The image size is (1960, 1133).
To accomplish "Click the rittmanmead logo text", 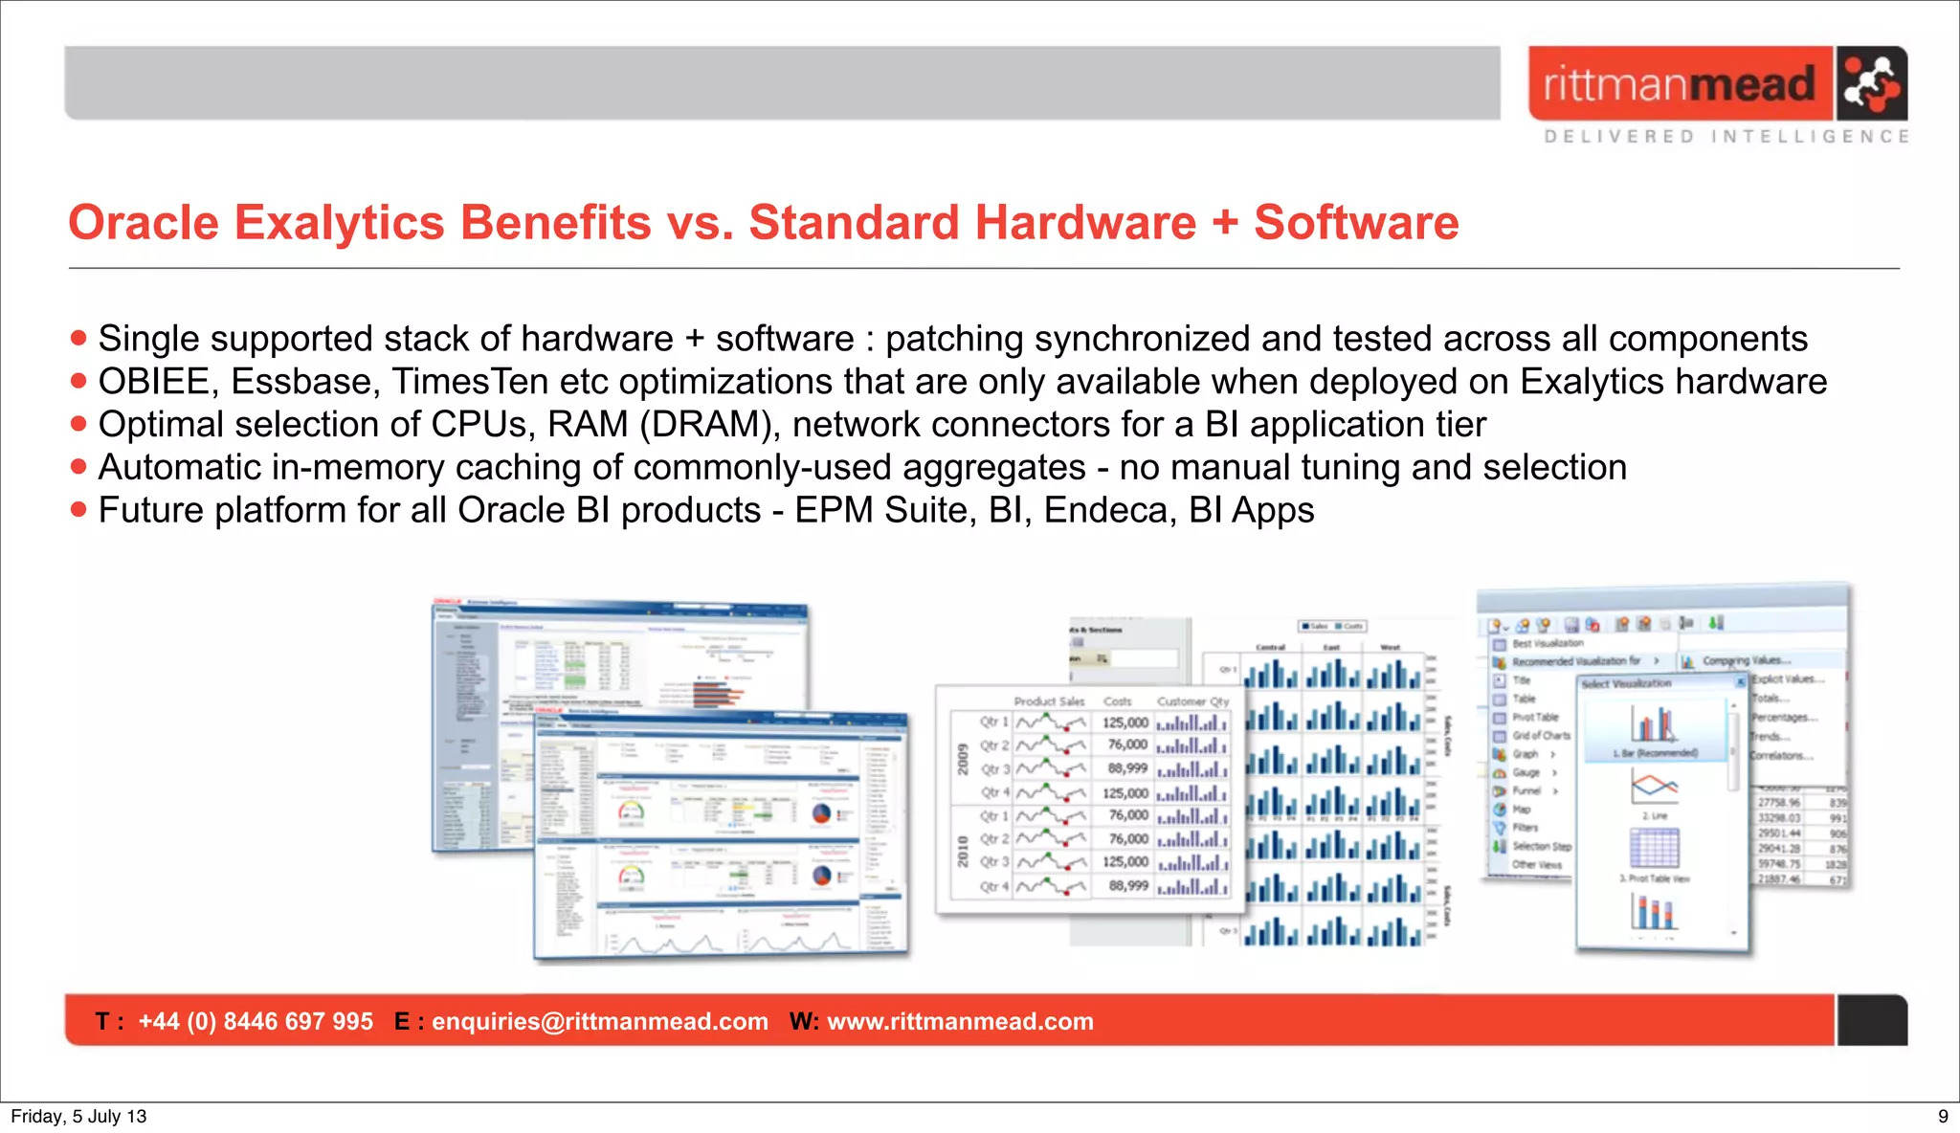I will pos(1679,84).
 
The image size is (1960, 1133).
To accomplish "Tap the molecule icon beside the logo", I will pos(1871,83).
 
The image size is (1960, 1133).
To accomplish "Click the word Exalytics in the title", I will pos(340,223).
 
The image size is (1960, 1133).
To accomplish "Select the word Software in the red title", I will pos(1356,223).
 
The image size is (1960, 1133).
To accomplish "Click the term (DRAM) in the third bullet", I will pos(708,425).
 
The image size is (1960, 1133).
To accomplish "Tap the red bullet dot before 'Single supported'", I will pos(78,338).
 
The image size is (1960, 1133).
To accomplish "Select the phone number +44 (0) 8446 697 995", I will pos(256,1021).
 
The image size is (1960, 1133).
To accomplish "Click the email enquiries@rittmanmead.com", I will pos(600,1021).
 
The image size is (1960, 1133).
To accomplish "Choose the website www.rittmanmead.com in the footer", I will pos(960,1021).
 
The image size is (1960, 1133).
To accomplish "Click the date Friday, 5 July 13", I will pos(78,1116).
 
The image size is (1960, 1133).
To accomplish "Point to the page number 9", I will pos(1943,1116).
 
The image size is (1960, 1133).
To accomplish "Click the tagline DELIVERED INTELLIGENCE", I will pos(1726,137).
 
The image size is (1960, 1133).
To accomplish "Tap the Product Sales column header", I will pos(1049,701).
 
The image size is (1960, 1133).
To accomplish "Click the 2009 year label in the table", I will pos(964,759).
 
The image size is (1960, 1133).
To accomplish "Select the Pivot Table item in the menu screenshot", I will pos(1535,717).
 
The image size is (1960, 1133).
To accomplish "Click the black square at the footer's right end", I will pos(1872,1020).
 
